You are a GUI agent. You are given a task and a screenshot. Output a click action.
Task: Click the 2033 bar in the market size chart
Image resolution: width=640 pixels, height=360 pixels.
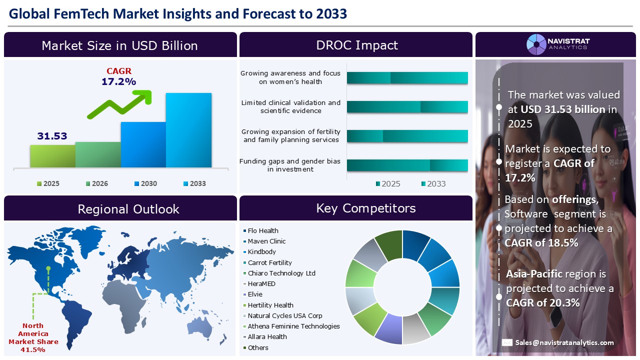click(x=188, y=130)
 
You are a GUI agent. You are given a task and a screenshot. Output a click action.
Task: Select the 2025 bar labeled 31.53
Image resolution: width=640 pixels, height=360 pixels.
click(x=52, y=156)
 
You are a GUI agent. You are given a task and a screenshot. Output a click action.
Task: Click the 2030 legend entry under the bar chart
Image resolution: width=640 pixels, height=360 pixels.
click(x=145, y=183)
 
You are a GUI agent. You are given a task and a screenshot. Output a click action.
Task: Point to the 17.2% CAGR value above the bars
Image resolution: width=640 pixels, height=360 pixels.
click(x=118, y=81)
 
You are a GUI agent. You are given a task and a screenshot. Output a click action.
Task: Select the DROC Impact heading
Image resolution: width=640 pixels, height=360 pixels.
click(x=356, y=45)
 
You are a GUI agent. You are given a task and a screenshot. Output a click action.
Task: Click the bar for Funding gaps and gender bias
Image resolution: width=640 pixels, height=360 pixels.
click(x=407, y=165)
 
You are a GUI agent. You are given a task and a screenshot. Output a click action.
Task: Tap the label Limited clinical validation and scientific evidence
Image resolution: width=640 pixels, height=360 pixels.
click(x=290, y=106)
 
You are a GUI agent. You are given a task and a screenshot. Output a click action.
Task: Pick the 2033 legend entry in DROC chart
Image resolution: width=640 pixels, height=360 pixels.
click(x=432, y=183)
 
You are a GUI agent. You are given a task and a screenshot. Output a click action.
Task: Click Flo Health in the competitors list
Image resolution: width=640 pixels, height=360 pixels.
click(x=263, y=230)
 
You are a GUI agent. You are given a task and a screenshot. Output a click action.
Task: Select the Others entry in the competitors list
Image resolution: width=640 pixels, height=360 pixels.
click(x=258, y=347)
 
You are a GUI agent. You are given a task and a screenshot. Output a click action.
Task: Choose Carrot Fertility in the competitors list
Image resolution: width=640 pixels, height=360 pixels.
click(x=269, y=262)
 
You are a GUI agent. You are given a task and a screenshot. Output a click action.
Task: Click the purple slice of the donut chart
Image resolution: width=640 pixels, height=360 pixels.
click(x=388, y=330)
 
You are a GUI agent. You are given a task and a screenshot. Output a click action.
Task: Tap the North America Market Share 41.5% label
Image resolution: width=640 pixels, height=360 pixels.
click(x=33, y=337)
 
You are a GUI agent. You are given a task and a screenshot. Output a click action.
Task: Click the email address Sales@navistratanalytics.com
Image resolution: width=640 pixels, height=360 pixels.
click(x=564, y=342)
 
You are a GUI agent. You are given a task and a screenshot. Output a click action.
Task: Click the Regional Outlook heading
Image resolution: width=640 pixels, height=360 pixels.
click(x=128, y=208)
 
